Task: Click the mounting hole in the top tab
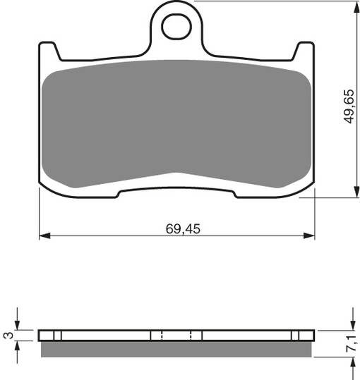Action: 176,27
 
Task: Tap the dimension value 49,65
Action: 347,106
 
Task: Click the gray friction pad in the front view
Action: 176,120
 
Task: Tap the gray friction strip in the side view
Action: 176,348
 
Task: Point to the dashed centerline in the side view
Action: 162,335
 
